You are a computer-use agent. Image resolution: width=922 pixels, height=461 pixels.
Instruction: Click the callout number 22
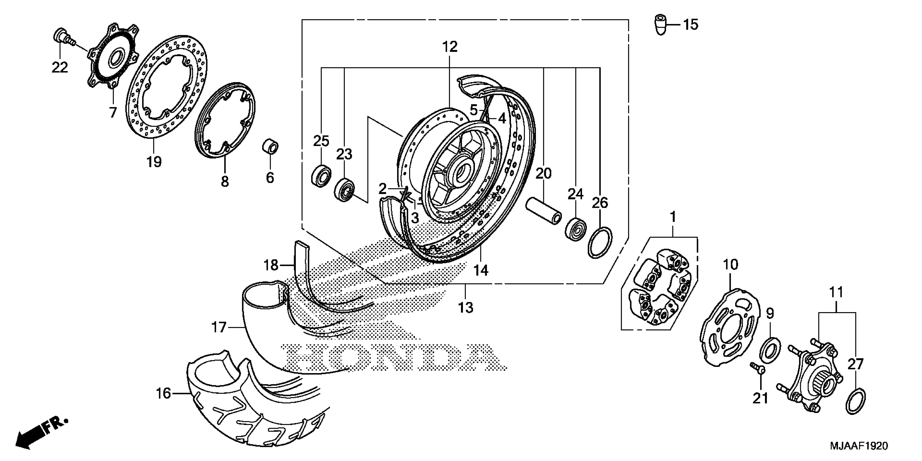pos(59,67)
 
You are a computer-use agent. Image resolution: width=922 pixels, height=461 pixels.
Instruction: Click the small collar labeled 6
pos(271,147)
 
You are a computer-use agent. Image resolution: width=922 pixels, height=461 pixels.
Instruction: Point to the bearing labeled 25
pos(321,175)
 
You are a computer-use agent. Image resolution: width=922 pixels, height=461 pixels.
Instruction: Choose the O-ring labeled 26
pos(600,242)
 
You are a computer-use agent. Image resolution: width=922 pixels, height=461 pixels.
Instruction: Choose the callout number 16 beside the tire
pos(164,394)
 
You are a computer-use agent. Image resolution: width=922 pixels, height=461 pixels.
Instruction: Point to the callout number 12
pos(450,47)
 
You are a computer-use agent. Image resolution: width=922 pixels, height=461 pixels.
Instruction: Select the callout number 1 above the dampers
pos(673,217)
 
